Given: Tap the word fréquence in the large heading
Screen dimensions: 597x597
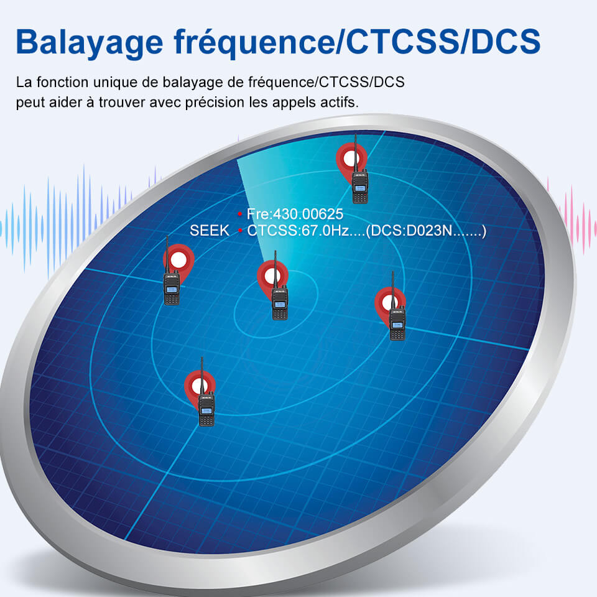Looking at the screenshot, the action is pos(254,42).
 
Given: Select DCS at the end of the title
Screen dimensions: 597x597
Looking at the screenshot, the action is pos(506,41).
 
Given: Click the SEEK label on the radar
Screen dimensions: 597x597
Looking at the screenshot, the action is pos(210,231).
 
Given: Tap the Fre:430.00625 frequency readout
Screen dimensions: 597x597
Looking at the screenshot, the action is pos(295,214).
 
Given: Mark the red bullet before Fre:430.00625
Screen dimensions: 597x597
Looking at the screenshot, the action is pos(240,214).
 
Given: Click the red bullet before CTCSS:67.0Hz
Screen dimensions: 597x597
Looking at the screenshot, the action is pos(240,230).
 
